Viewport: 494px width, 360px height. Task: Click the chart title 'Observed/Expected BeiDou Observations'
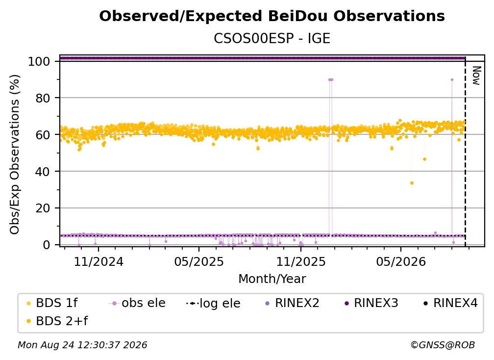click(272, 16)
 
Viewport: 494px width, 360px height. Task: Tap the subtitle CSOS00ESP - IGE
click(272, 38)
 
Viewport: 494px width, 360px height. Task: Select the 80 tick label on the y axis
click(43, 98)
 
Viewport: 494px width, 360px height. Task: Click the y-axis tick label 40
click(43, 172)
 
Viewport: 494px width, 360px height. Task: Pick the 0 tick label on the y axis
click(46, 245)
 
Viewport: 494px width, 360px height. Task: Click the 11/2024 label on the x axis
click(99, 261)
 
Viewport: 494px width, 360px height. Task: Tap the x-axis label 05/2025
click(199, 261)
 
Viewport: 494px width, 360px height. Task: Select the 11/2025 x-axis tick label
click(301, 261)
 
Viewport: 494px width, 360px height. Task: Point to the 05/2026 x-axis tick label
click(401, 261)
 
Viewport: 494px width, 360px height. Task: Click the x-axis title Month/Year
click(272, 279)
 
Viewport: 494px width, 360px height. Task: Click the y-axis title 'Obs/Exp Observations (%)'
click(15, 154)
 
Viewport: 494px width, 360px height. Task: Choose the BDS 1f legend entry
click(52, 303)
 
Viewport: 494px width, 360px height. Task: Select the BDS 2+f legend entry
click(57, 321)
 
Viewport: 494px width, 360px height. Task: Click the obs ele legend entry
click(137, 303)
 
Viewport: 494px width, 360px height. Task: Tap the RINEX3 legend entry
click(371, 303)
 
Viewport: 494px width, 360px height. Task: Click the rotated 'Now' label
click(477, 76)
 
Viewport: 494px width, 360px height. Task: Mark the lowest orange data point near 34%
click(412, 183)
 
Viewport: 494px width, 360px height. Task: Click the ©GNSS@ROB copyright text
click(443, 345)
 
